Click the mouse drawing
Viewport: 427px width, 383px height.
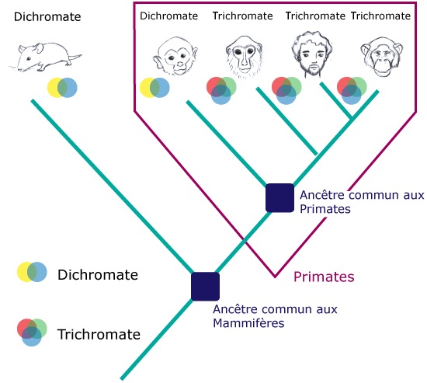45,57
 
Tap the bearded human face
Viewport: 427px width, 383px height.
312,54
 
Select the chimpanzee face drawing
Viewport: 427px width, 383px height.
381,57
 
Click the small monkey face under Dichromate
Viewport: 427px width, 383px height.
175,56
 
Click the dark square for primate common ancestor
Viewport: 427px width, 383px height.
279,197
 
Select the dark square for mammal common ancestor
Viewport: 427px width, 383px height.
205,286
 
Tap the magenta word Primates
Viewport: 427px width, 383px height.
324,277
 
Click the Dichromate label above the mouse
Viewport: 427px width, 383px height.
47,16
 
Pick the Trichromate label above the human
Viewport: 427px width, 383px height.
315,16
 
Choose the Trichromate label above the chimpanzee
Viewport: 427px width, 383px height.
380,16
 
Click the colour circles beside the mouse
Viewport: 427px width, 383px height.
62,88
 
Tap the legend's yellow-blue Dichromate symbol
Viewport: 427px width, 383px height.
32,272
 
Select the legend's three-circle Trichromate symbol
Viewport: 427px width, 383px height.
32,332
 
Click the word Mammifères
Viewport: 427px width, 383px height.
248,323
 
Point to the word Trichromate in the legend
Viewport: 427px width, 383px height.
99,334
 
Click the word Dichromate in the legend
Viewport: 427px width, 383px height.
98,274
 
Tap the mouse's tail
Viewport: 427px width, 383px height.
74,57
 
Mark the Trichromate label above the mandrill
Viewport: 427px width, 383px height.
243,16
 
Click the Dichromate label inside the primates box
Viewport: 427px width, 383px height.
168,16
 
